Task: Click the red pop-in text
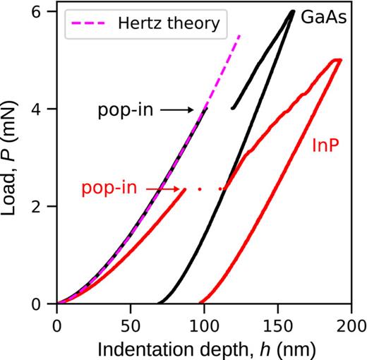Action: [109, 188]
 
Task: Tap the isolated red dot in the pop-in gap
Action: [200, 188]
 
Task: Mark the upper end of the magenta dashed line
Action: [240, 34]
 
